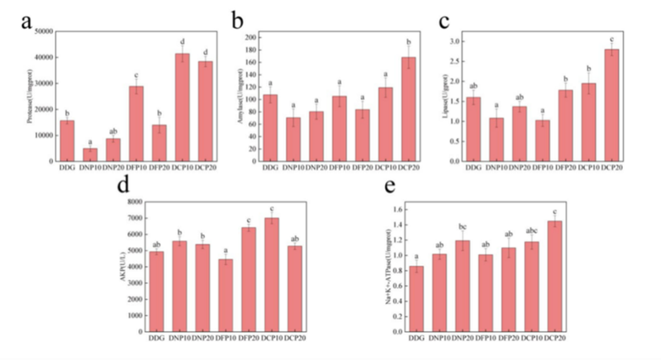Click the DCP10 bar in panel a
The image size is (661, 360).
182,107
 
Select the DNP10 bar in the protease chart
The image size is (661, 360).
90,155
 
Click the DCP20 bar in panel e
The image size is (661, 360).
576,276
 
